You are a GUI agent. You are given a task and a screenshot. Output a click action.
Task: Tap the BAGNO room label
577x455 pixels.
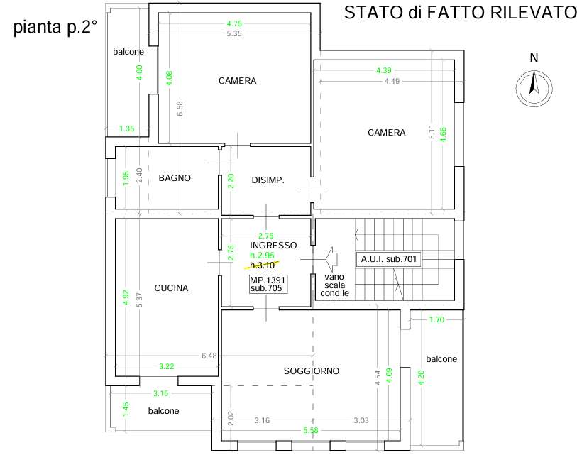175,178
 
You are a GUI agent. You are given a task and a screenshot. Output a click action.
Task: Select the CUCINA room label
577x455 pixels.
171,288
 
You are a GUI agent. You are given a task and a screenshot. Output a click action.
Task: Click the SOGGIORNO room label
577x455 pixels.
312,371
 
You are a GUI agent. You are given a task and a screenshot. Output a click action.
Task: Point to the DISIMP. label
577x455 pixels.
268,180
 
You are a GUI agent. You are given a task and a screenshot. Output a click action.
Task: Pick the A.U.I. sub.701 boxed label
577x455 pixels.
388,259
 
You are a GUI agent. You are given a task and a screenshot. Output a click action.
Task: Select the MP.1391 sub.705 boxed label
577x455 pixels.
265,285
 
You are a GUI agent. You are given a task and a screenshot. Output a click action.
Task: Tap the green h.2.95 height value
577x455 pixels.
262,255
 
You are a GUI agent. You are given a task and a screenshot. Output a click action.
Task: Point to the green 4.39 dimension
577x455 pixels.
384,70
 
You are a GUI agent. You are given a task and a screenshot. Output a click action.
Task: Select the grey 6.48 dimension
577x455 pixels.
209,355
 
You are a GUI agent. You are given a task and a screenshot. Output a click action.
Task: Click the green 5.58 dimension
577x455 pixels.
311,431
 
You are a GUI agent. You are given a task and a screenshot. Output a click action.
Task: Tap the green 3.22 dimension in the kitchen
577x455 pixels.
166,366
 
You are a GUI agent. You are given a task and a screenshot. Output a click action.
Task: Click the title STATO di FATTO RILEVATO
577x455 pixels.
459,12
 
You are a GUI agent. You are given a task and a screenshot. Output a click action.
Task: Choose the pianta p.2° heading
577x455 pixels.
55,29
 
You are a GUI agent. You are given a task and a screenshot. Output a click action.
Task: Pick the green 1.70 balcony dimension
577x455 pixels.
436,320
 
